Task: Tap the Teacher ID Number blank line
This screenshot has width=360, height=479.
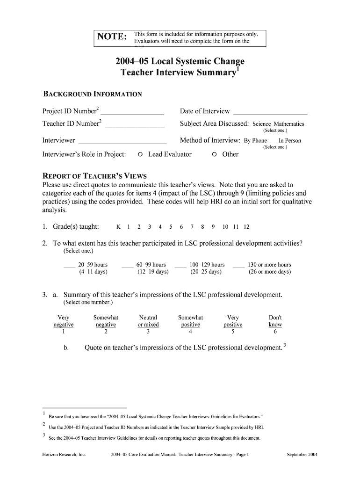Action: tap(135, 126)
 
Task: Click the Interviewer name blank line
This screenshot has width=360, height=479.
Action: tap(122, 143)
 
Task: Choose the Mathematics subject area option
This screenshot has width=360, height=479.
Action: tap(289, 124)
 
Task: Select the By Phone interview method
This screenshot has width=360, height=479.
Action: tap(255, 141)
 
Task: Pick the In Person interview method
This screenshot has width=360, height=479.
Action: tap(290, 141)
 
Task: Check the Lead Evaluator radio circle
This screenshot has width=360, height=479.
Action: tap(140, 154)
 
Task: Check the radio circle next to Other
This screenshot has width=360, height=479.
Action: tap(214, 154)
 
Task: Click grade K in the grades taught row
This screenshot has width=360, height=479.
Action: tap(118, 227)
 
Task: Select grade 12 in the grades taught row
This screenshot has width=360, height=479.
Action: tap(246, 227)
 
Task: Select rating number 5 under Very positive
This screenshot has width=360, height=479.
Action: tap(233, 332)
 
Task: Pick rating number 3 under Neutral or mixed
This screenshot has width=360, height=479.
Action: tap(148, 332)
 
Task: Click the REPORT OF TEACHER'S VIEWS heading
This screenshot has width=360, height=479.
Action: tap(95, 176)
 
